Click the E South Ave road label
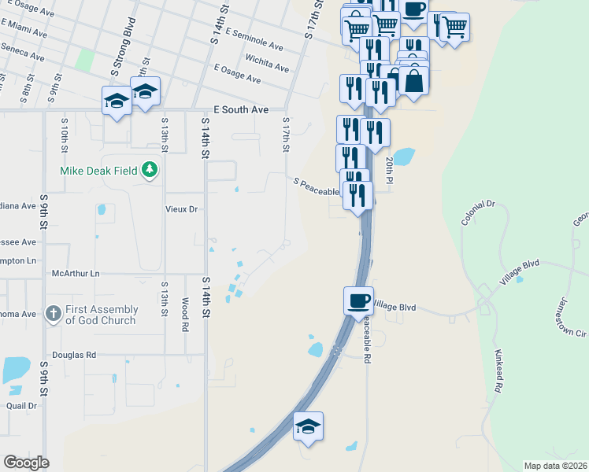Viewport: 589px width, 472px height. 241,111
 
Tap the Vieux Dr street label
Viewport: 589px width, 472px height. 181,209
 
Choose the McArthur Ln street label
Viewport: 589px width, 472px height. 76,273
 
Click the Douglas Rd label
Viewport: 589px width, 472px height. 74,356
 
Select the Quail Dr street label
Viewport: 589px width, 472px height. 21,406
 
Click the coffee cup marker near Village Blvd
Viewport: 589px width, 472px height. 358,301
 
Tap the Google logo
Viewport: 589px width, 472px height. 26,463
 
